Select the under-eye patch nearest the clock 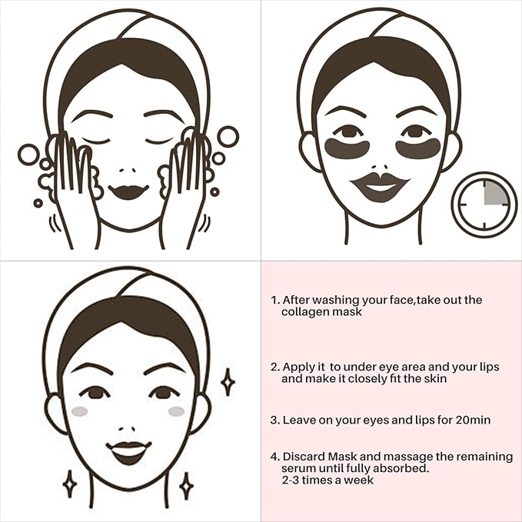tap(417, 148)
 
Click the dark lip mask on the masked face tap(379, 187)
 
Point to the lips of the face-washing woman tap(128, 191)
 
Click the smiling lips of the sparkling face tap(128, 451)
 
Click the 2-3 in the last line tap(292, 480)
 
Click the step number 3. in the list tap(274, 421)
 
